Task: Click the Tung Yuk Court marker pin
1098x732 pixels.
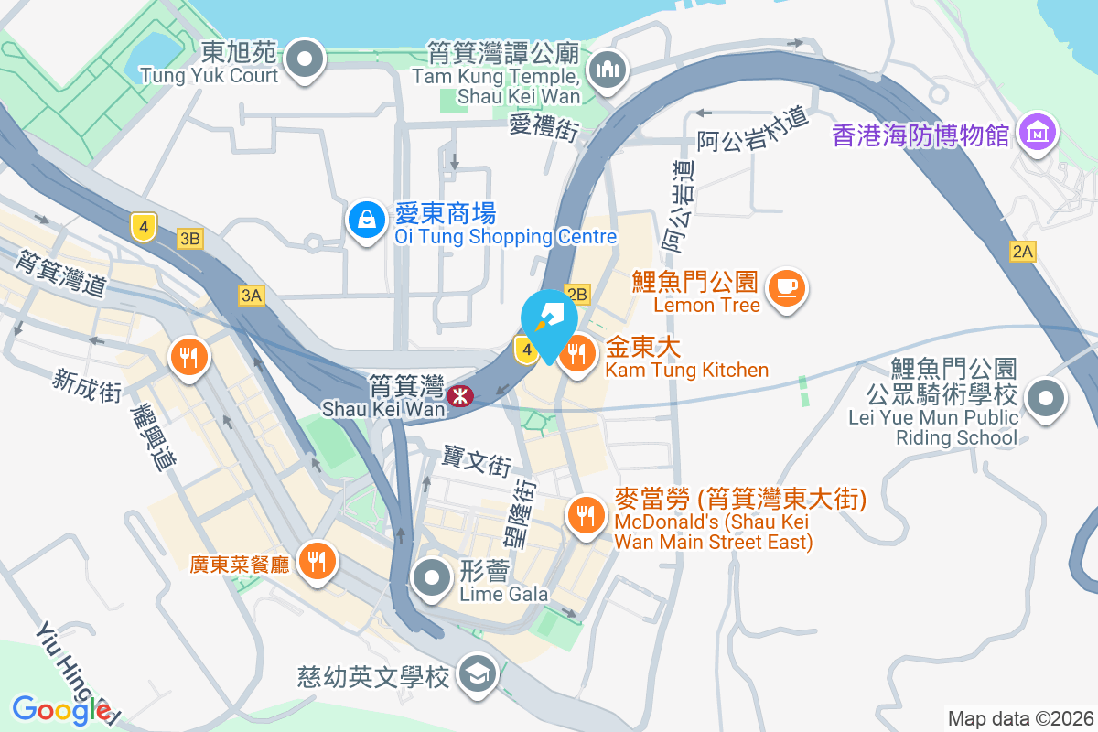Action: tap(306, 61)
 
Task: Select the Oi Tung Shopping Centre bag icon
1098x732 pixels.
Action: tap(366, 220)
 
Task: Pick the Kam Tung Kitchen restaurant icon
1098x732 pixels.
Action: tap(577, 354)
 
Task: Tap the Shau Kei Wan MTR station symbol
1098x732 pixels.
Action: tap(457, 396)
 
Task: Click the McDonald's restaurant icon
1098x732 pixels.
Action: tap(584, 515)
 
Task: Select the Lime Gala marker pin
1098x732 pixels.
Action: tap(431, 578)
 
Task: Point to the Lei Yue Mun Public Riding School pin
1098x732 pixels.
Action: tap(1044, 399)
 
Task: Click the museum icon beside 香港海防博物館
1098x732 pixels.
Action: tap(1038, 135)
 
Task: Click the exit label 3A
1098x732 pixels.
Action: tap(251, 295)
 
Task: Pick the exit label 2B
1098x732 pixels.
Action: tap(577, 294)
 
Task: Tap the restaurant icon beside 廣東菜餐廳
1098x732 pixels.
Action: tap(318, 560)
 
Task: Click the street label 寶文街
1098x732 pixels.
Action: tap(476, 460)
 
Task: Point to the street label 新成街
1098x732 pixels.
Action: tap(87, 385)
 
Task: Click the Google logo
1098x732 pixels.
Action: tap(62, 709)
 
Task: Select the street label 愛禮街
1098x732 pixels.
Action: tap(544, 125)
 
